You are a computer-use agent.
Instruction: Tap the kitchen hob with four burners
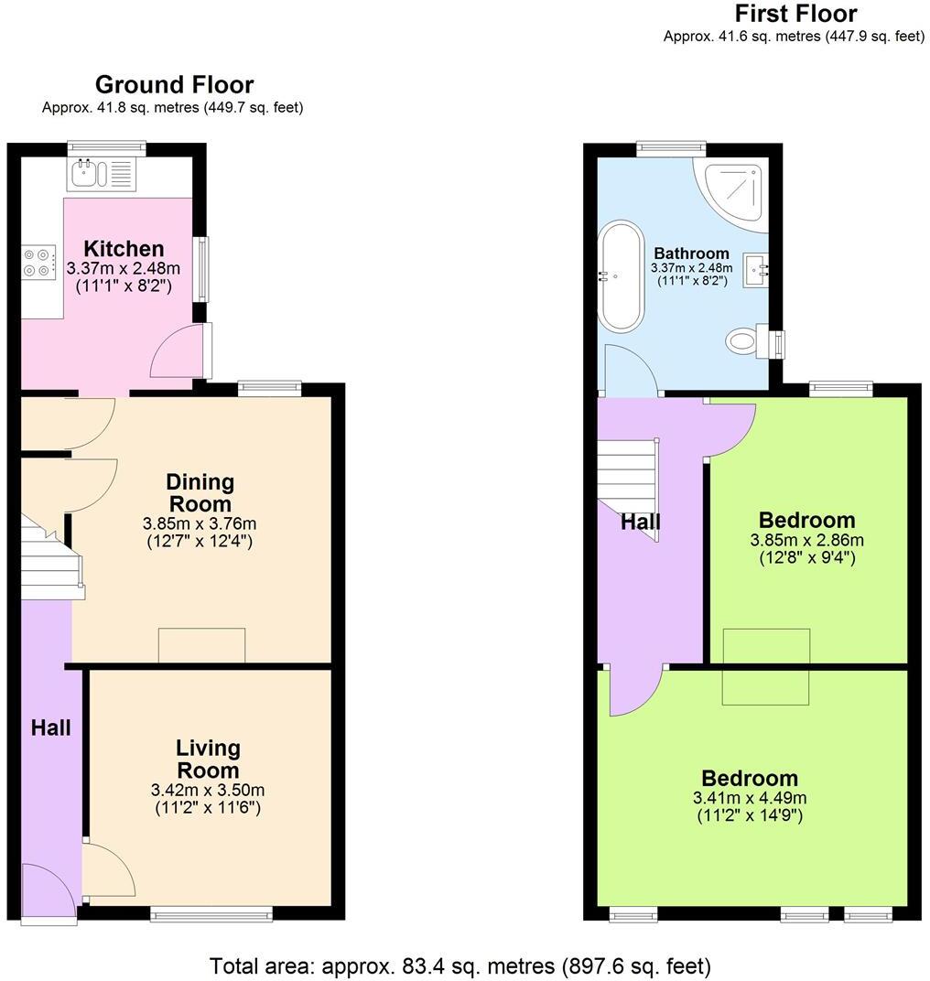pos(38,262)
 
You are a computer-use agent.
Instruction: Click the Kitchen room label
pos(124,249)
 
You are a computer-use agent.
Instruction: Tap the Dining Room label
pos(200,492)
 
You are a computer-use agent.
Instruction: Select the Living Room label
pos(208,759)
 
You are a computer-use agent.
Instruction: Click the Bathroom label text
pos(691,253)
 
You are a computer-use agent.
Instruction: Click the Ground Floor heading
pos(174,85)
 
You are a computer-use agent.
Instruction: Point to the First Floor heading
pos(795,14)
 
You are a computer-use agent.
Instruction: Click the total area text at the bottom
pos(460,965)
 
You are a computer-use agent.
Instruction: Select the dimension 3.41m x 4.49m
pos(750,798)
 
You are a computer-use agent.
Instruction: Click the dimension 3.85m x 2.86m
pos(806,540)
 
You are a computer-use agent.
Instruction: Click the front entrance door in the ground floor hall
pos(48,892)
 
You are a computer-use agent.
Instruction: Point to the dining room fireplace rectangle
pos(201,645)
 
